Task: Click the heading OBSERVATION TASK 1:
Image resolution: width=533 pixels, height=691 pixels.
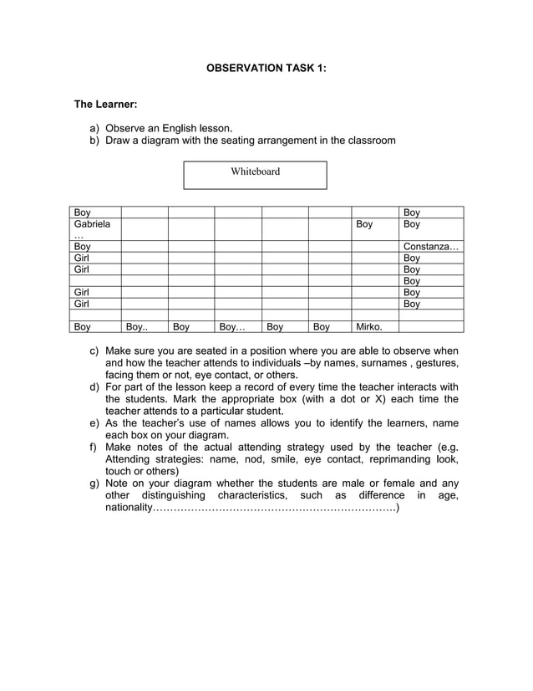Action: coord(266,68)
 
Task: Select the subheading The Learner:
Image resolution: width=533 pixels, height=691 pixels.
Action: coord(105,105)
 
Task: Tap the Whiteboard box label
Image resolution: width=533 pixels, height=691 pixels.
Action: coord(255,171)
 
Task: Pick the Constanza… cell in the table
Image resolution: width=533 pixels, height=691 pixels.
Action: coord(430,247)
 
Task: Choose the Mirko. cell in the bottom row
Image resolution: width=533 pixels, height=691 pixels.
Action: coord(369,327)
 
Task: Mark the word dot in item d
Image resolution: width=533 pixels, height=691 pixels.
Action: coord(348,399)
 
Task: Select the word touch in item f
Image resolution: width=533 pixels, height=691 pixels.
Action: coord(119,471)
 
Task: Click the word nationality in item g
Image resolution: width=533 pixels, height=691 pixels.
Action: coord(129,508)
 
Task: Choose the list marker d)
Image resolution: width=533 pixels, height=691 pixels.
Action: coord(95,387)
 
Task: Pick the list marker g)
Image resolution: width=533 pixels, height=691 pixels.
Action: coord(95,484)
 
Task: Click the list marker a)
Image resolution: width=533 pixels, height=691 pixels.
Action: coord(95,128)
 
